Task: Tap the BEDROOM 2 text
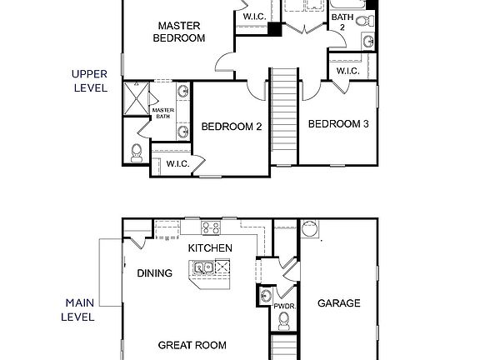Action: [232, 127]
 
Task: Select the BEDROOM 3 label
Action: [338, 124]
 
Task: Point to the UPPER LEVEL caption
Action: [89, 80]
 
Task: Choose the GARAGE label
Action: [339, 303]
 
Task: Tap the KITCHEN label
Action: [209, 248]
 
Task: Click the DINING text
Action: [155, 273]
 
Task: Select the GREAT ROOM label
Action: [192, 345]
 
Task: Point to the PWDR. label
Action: [285, 307]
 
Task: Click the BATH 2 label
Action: [341, 22]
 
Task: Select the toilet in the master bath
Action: [137, 151]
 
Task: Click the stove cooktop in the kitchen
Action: [210, 226]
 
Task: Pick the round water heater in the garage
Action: [310, 228]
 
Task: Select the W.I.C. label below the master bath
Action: [177, 163]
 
